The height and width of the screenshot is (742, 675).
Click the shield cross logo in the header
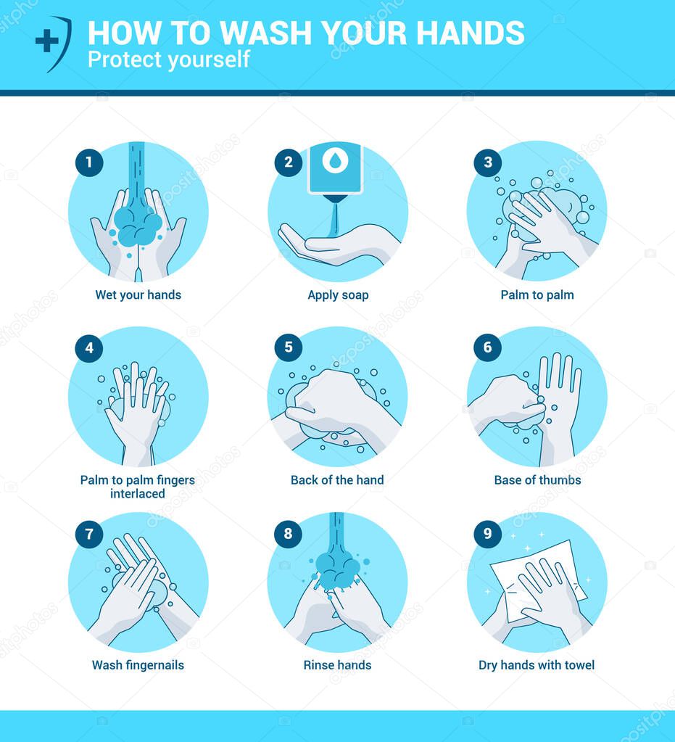(x=53, y=44)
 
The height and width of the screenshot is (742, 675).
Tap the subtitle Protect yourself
(x=168, y=59)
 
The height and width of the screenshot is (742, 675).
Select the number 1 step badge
(x=89, y=162)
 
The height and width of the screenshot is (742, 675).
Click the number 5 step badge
(x=288, y=347)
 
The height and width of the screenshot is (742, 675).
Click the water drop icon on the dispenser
(x=335, y=161)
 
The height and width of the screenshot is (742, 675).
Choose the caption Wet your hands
(x=138, y=294)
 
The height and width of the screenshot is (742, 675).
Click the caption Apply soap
(x=338, y=294)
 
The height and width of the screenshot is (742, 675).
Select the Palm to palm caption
(x=537, y=294)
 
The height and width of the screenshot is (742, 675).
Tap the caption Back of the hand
(x=337, y=479)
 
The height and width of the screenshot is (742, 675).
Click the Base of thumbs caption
(x=537, y=479)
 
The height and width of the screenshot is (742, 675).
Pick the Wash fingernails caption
(x=138, y=664)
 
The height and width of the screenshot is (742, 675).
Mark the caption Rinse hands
(x=337, y=664)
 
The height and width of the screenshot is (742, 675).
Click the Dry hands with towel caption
(x=537, y=664)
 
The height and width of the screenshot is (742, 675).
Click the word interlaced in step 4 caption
(x=138, y=494)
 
